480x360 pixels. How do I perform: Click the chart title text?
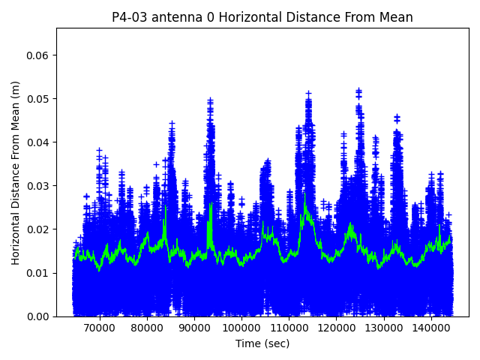click(262, 17)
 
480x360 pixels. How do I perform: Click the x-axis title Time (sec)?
click(262, 343)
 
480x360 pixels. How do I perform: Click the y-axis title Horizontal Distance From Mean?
click(16, 172)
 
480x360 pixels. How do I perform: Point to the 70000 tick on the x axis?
click(99, 328)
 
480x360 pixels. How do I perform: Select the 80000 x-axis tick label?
click(147, 328)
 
